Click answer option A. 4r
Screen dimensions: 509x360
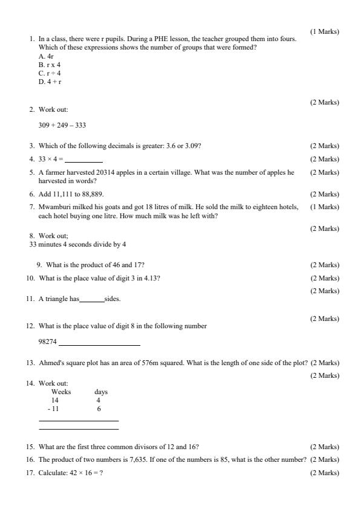(46, 56)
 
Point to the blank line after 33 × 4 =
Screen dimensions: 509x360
(84, 160)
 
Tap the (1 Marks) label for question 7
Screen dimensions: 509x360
(324, 207)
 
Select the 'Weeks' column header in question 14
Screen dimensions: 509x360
(61, 392)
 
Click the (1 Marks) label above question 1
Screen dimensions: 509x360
(324, 31)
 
